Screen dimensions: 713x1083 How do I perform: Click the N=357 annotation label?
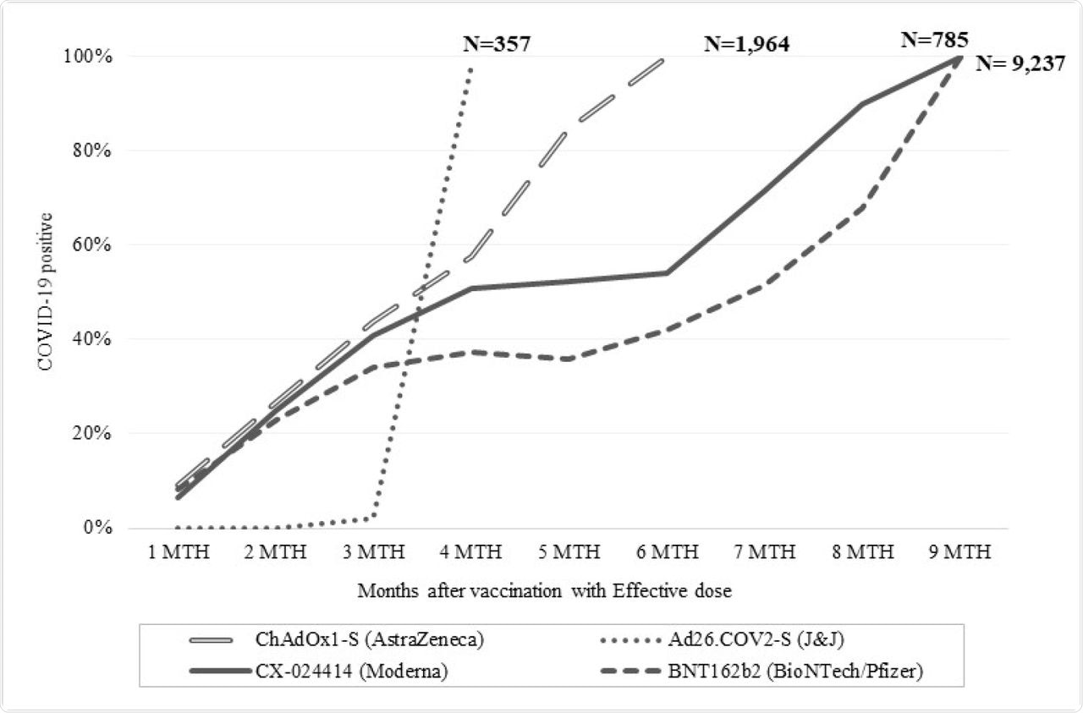pyautogui.click(x=497, y=44)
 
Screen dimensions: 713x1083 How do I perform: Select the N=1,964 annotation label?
pyautogui.click(x=747, y=45)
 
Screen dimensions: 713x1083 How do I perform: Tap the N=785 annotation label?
pyautogui.click(x=935, y=38)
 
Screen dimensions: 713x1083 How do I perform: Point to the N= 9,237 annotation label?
pyautogui.click(x=1020, y=63)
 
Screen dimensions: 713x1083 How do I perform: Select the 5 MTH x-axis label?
pyautogui.click(x=569, y=552)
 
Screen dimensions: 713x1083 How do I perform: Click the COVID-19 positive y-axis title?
pyautogui.click(x=40, y=291)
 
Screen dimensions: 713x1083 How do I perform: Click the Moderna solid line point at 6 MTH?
pyautogui.click(x=667, y=272)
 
